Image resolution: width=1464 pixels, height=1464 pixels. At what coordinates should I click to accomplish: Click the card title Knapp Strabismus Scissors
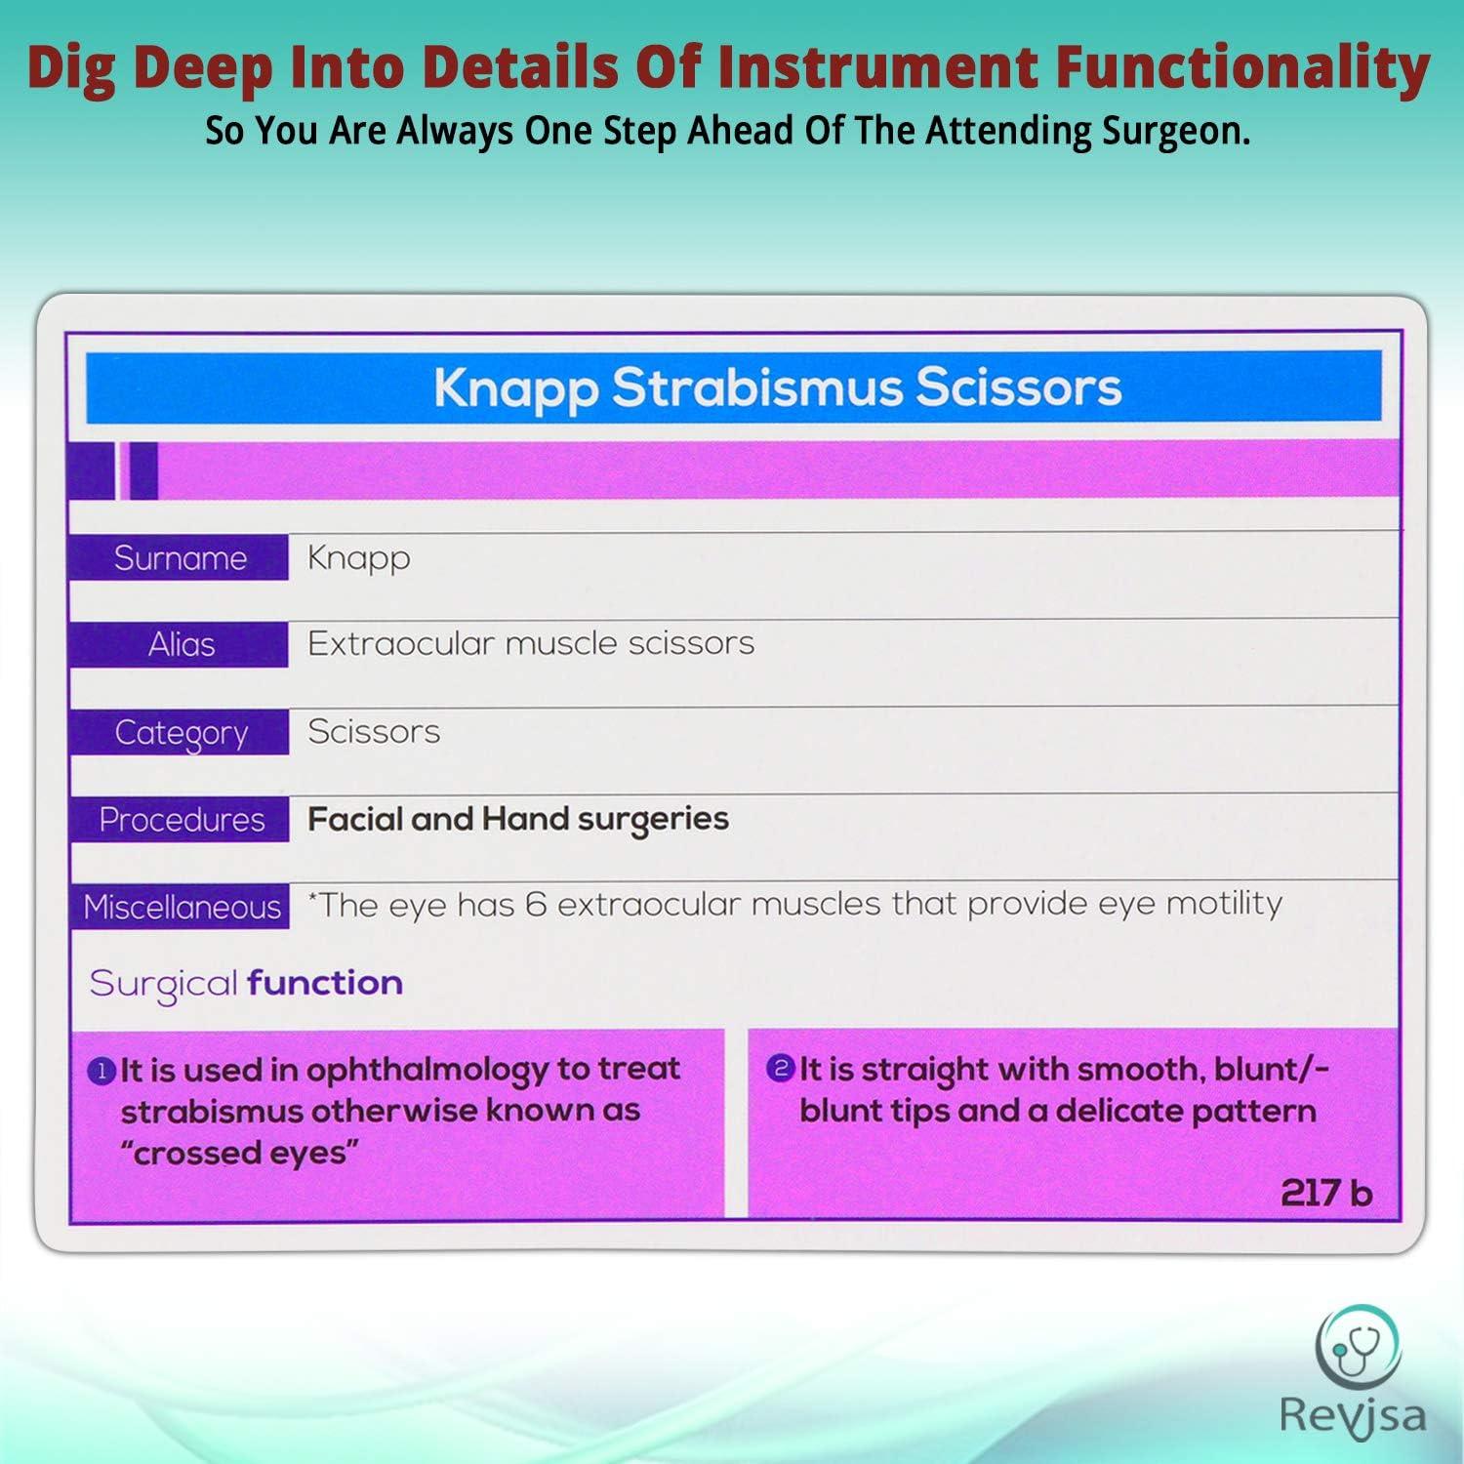tap(777, 387)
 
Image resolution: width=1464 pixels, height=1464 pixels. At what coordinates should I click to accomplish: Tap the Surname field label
tap(181, 558)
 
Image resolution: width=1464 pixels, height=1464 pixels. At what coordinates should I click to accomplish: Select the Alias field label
tap(182, 644)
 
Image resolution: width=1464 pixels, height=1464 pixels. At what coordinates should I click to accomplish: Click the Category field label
tap(182, 732)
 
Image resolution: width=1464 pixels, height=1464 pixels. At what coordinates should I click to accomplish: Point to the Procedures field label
tap(182, 820)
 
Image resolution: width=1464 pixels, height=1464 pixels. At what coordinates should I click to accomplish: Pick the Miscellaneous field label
tap(182, 908)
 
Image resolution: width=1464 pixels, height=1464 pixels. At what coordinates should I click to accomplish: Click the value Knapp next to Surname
tap(358, 558)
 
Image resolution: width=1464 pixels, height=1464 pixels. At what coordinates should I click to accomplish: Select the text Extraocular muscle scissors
tap(531, 643)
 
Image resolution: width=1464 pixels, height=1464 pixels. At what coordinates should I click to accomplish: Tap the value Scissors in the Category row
tap(374, 731)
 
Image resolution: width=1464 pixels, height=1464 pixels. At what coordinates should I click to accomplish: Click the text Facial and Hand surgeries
tap(518, 819)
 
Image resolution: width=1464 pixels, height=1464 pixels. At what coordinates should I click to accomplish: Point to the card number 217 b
tap(1325, 1193)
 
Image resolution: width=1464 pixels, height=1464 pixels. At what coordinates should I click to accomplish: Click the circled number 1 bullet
tap(102, 1072)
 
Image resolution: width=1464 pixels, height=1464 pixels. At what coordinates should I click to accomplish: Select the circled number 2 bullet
tap(780, 1069)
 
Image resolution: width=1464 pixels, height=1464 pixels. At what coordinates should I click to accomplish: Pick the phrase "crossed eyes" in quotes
tap(239, 1154)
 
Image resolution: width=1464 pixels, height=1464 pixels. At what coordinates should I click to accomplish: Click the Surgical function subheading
tap(246, 983)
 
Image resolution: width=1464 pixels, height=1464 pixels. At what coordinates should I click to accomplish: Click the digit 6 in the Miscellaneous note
tap(535, 905)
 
